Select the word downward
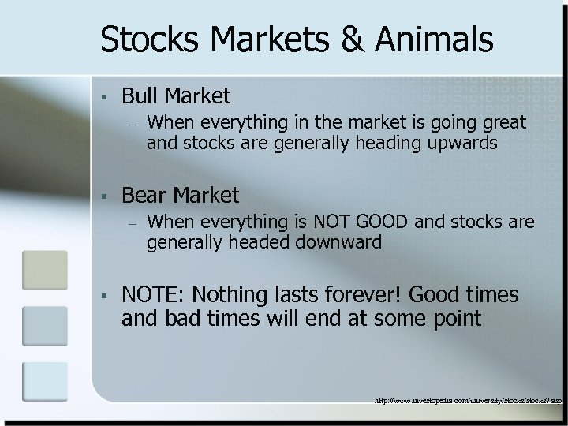coord(338,242)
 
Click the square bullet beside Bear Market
coord(103,195)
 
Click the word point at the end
coord(453,319)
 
